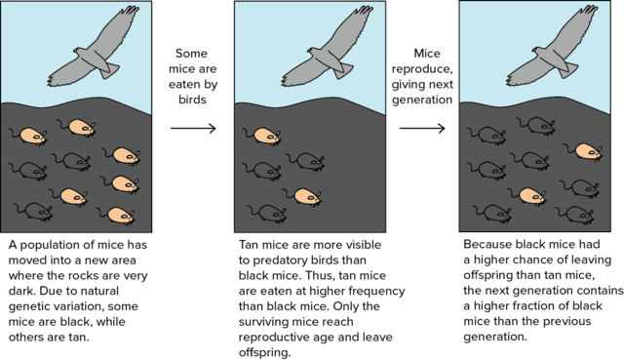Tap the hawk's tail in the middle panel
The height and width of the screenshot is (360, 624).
tap(343, 69)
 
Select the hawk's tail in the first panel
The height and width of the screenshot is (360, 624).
tap(110, 69)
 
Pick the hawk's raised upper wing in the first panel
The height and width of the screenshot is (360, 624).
tap(117, 28)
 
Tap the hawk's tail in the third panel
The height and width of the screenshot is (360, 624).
tap(568, 69)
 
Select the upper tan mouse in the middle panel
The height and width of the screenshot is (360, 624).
tap(265, 136)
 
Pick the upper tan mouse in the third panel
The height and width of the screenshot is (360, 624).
tap(587, 151)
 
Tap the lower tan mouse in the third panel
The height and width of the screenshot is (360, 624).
tap(529, 195)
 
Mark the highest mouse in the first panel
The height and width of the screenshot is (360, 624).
tap(78, 126)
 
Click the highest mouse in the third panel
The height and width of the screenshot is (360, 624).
tap(536, 125)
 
